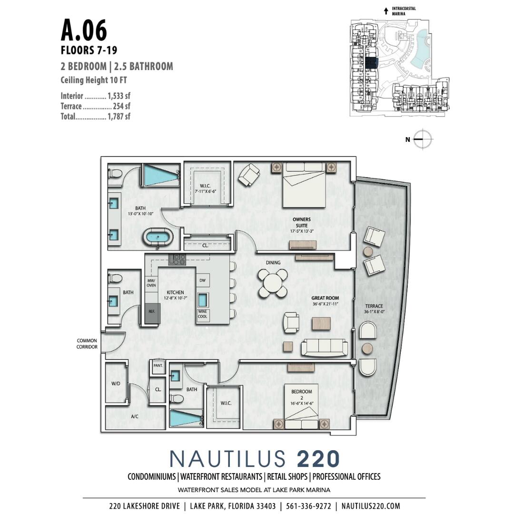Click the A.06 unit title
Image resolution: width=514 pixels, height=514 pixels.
click(84, 30)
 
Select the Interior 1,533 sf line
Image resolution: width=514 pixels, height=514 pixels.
click(95, 96)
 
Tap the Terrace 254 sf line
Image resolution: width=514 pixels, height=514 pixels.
click(95, 106)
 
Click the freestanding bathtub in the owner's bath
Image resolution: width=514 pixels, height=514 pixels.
click(158, 237)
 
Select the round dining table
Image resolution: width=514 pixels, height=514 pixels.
click(273, 284)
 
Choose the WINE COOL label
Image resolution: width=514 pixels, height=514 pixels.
click(203, 314)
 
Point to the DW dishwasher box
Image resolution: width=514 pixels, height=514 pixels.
click(202, 281)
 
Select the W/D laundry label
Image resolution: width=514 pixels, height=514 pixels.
click(116, 383)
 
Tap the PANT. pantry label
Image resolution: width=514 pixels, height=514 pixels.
click(158, 366)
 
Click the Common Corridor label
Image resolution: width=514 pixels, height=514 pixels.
click(87, 344)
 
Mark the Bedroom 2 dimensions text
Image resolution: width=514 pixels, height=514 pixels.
click(302, 403)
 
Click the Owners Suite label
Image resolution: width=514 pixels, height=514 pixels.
click(302, 222)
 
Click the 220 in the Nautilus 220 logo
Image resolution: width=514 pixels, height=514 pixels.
click(318, 459)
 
